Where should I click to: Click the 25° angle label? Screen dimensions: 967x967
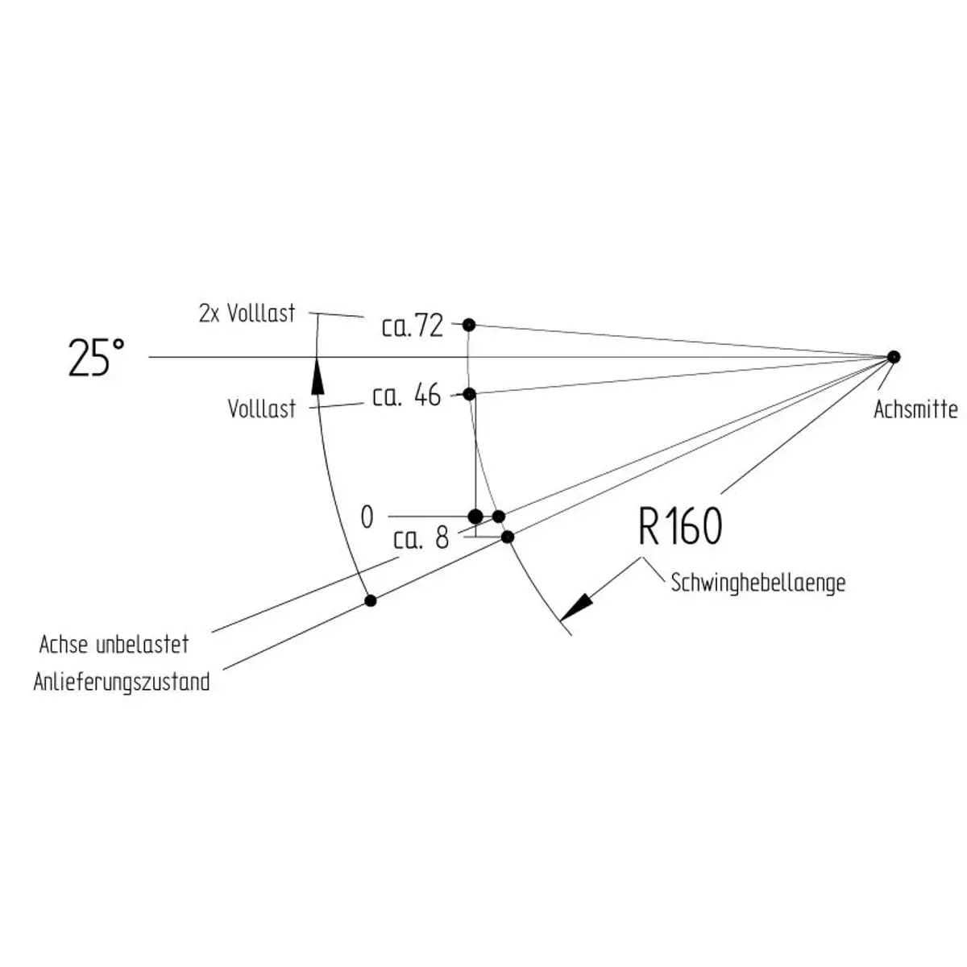tap(97, 357)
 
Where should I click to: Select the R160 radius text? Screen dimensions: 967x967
tap(680, 526)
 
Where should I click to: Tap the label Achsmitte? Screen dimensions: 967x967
tap(915, 409)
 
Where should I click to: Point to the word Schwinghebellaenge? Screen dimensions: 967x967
tap(757, 583)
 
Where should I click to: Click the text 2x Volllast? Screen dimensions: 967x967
tap(247, 313)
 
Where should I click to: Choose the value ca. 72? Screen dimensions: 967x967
tap(413, 326)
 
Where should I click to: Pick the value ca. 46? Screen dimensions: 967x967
tap(406, 396)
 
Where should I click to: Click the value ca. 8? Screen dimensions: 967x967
tap(421, 539)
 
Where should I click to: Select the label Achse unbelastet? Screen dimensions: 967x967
tap(114, 645)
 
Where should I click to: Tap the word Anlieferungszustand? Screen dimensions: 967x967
tap(122, 683)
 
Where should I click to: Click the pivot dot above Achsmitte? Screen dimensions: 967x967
tap(893, 357)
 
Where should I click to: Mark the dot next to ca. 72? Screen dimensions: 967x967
tap(469, 326)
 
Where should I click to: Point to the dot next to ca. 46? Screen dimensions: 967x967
tap(469, 394)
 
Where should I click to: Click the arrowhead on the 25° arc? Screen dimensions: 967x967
tap(317, 376)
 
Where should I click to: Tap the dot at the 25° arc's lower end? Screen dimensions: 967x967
tap(371, 600)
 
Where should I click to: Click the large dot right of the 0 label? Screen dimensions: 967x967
tap(475, 517)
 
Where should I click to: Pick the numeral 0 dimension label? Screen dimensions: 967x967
tap(367, 517)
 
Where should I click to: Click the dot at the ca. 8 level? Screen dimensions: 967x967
tap(508, 537)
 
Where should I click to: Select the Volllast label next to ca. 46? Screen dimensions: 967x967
tap(261, 409)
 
